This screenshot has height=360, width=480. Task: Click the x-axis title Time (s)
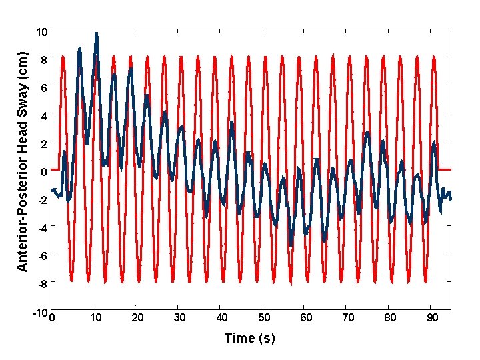tap(249, 338)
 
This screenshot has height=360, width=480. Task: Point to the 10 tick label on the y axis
tap(41, 32)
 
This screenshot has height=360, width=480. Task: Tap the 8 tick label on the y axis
tap(43, 60)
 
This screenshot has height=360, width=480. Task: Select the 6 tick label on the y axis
tap(43, 88)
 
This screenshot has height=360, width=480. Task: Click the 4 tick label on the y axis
tap(43, 116)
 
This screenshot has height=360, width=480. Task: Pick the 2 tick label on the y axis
tap(43, 144)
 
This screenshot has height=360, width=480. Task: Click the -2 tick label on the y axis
tap(41, 200)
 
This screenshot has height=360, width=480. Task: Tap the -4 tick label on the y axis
tap(41, 228)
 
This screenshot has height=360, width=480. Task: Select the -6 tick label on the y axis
tap(41, 256)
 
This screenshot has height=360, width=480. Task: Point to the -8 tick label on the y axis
tap(41, 284)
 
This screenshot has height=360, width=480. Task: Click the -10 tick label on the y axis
tap(39, 313)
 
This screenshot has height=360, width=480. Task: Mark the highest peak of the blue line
tap(97, 33)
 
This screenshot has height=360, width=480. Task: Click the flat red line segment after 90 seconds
tap(445, 169)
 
